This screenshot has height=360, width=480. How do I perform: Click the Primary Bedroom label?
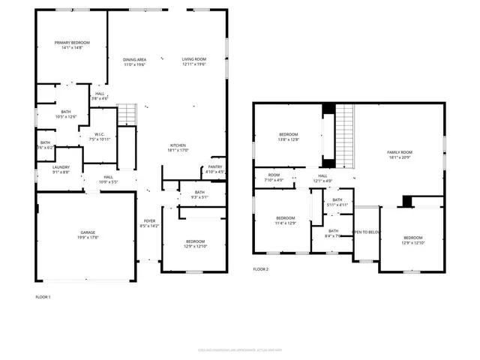(72, 43)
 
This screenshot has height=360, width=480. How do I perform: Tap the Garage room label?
(86, 232)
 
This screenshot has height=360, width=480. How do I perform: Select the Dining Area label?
(134, 59)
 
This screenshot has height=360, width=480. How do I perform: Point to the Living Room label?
(193, 59)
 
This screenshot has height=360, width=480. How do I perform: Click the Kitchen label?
(178, 145)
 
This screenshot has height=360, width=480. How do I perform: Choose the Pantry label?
(215, 167)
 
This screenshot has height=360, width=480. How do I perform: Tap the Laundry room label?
(61, 167)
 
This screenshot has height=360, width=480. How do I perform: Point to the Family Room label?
(400, 152)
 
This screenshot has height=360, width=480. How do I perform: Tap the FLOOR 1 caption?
(43, 298)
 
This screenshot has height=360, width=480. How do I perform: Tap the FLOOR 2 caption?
(260, 268)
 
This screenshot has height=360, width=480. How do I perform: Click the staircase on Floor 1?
(127, 115)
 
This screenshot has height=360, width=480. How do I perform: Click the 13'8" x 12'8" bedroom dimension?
(289, 139)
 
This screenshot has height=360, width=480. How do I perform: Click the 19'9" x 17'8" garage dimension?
(86, 238)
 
